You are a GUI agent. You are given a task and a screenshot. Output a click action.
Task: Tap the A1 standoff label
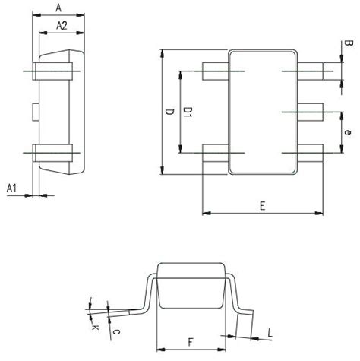click(12, 187)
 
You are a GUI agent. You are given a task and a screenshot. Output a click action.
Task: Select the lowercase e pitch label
click(346, 133)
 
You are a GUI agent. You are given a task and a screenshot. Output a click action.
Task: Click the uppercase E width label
click(262, 206)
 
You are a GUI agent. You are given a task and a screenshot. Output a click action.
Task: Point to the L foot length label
click(270, 332)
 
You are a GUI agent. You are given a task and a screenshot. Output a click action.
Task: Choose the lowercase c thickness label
click(115, 331)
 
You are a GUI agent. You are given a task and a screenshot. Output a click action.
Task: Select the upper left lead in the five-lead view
click(216, 72)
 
